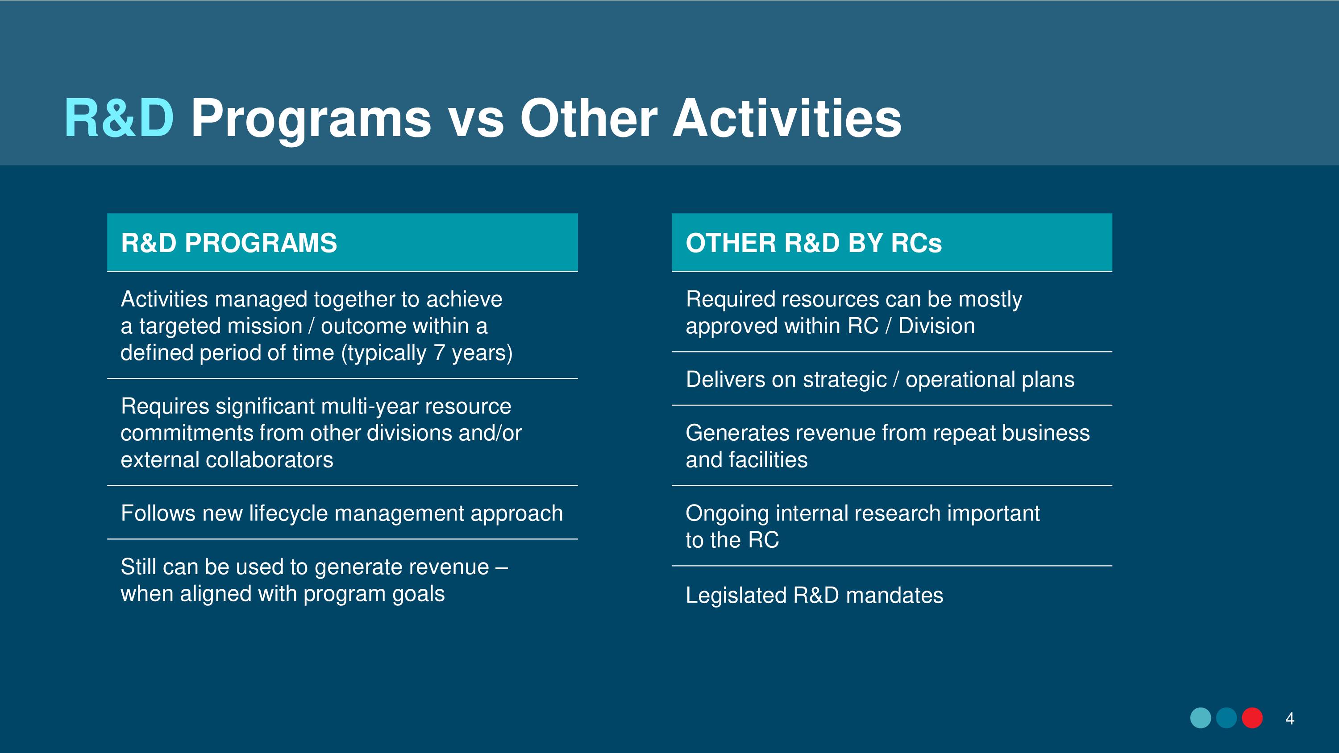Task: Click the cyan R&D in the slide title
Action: pyautogui.click(x=119, y=119)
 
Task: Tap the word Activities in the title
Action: pyautogui.click(x=787, y=119)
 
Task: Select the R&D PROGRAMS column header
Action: pyautogui.click(x=229, y=243)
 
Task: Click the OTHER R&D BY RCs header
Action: pyautogui.click(x=814, y=243)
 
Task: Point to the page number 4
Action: pyautogui.click(x=1289, y=719)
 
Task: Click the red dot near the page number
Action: pyautogui.click(x=1252, y=718)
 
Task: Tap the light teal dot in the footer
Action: pyautogui.click(x=1201, y=718)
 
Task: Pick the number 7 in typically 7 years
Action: pyautogui.click(x=439, y=353)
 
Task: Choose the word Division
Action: pyautogui.click(x=937, y=327)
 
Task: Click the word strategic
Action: pyautogui.click(x=844, y=381)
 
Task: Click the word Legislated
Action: pyautogui.click(x=736, y=596)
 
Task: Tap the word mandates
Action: pyautogui.click(x=894, y=596)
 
